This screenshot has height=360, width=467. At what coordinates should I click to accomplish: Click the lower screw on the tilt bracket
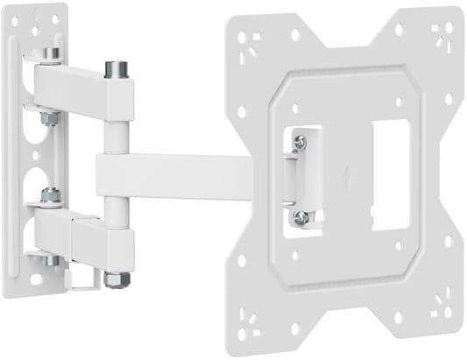(x=301, y=214)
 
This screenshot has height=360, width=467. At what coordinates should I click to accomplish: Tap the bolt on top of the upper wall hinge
(x=51, y=54)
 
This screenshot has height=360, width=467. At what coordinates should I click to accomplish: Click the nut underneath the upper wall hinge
(x=51, y=115)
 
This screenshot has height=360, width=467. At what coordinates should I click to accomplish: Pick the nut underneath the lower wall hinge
(x=51, y=261)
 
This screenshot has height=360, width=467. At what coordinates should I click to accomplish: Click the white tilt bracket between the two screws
(x=300, y=175)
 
